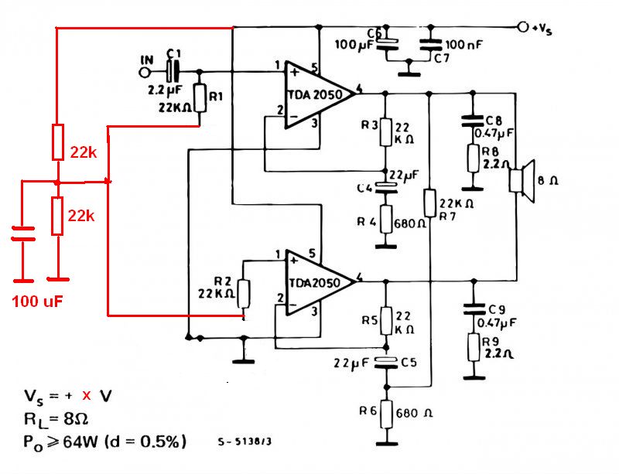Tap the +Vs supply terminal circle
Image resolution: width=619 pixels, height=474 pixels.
pos(523,27)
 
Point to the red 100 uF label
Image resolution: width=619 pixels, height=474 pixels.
pos(37,300)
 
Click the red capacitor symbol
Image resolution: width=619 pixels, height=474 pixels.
pos(23,234)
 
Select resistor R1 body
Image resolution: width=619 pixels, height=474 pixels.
pos(200,98)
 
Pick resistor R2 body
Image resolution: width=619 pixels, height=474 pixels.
pos(245,294)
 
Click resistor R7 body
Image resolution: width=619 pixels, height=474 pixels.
pos(430,203)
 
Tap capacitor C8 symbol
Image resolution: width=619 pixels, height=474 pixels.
pos(470,121)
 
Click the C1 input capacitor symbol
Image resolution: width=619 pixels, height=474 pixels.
pos(173,73)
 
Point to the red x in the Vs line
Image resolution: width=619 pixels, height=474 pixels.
pos(87,395)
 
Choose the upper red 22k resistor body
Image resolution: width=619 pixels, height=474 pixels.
pos(57,142)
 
